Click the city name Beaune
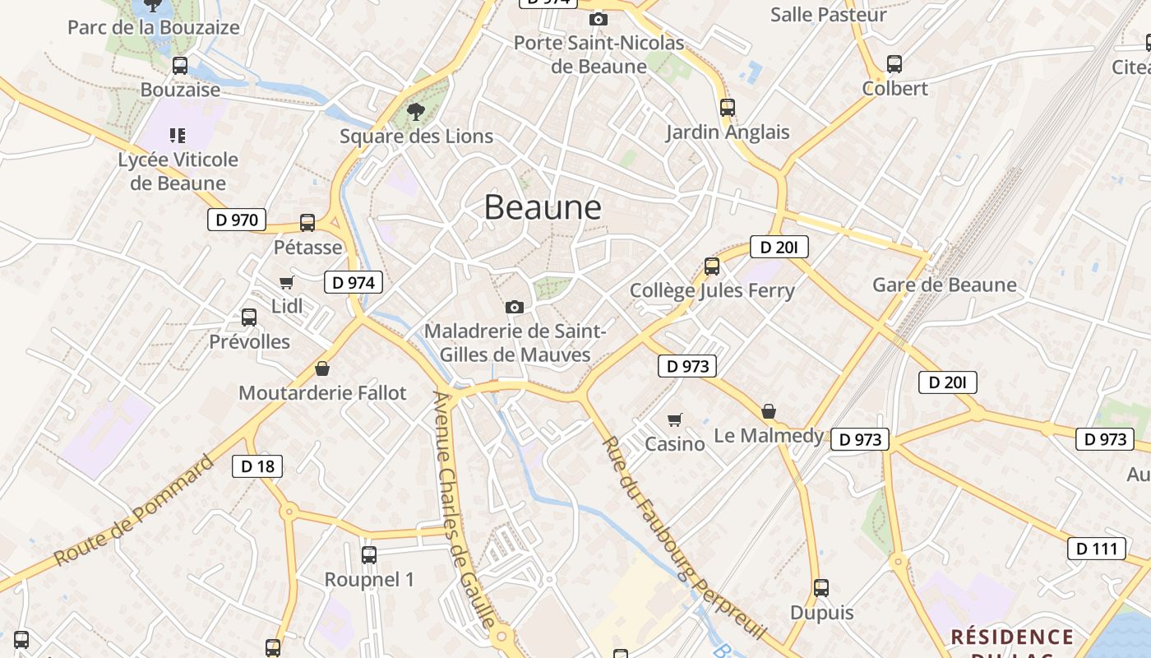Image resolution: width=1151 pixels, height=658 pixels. click(543, 206)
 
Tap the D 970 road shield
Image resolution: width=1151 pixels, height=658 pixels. click(237, 220)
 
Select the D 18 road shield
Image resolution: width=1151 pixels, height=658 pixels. click(257, 466)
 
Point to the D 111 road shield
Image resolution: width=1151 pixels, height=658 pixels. click(1097, 549)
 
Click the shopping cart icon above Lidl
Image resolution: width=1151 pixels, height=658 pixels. click(286, 283)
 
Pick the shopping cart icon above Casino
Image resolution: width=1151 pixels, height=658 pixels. click(675, 420)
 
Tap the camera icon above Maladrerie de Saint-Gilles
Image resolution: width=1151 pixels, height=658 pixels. click(515, 307)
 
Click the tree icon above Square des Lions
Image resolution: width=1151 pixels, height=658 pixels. click(416, 112)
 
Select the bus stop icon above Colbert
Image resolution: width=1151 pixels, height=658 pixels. click(894, 63)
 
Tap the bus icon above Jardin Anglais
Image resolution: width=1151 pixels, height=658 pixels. click(727, 107)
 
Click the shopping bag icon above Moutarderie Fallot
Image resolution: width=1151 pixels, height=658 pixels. click(322, 368)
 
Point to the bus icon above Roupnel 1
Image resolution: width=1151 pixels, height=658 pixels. click(369, 555)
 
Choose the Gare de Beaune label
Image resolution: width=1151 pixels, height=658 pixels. click(945, 285)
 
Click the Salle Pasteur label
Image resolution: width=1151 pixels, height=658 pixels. click(829, 15)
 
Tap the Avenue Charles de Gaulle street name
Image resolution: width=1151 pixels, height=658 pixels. click(465, 510)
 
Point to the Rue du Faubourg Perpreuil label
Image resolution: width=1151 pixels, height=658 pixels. click(684, 539)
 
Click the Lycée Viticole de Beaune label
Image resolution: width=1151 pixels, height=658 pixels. click(178, 171)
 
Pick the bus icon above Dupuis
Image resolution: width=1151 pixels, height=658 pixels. click(821, 588)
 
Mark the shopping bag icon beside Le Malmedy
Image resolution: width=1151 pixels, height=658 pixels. click(769, 411)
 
